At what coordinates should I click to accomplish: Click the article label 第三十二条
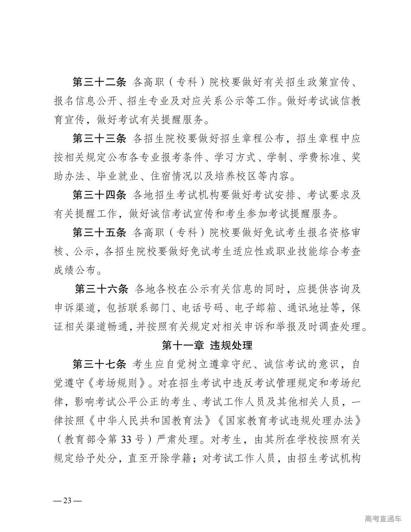point(99,82)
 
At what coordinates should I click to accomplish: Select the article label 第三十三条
point(99,138)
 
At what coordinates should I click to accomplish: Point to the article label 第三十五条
point(99,232)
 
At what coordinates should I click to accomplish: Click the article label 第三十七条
point(99,364)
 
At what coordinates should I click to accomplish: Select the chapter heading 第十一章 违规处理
point(207,345)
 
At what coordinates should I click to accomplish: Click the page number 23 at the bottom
point(67,500)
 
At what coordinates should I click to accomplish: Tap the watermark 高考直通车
point(383,519)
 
